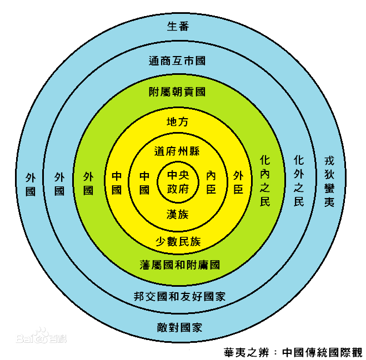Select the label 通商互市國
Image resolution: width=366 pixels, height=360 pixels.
coord(178,60)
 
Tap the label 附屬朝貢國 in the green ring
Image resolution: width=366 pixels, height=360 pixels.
coord(178,92)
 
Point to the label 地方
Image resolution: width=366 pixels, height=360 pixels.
coord(178,121)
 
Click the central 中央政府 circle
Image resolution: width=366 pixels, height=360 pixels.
coord(178,181)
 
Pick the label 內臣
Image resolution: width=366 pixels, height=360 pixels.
coord(211,182)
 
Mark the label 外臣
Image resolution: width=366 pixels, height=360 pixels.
coord(238,182)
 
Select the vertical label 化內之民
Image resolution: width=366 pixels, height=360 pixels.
coord(265,181)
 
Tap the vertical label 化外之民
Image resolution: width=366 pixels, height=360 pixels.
coord(299,181)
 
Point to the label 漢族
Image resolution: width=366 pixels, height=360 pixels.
coord(178,214)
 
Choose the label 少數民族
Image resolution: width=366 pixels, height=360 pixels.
coord(178,241)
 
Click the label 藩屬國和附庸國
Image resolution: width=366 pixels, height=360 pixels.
coord(179,265)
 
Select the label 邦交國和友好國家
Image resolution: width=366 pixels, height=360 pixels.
coord(179,296)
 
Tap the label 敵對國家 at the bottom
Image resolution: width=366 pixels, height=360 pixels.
coord(179,327)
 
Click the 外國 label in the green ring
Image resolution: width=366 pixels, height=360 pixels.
coord(88,183)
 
